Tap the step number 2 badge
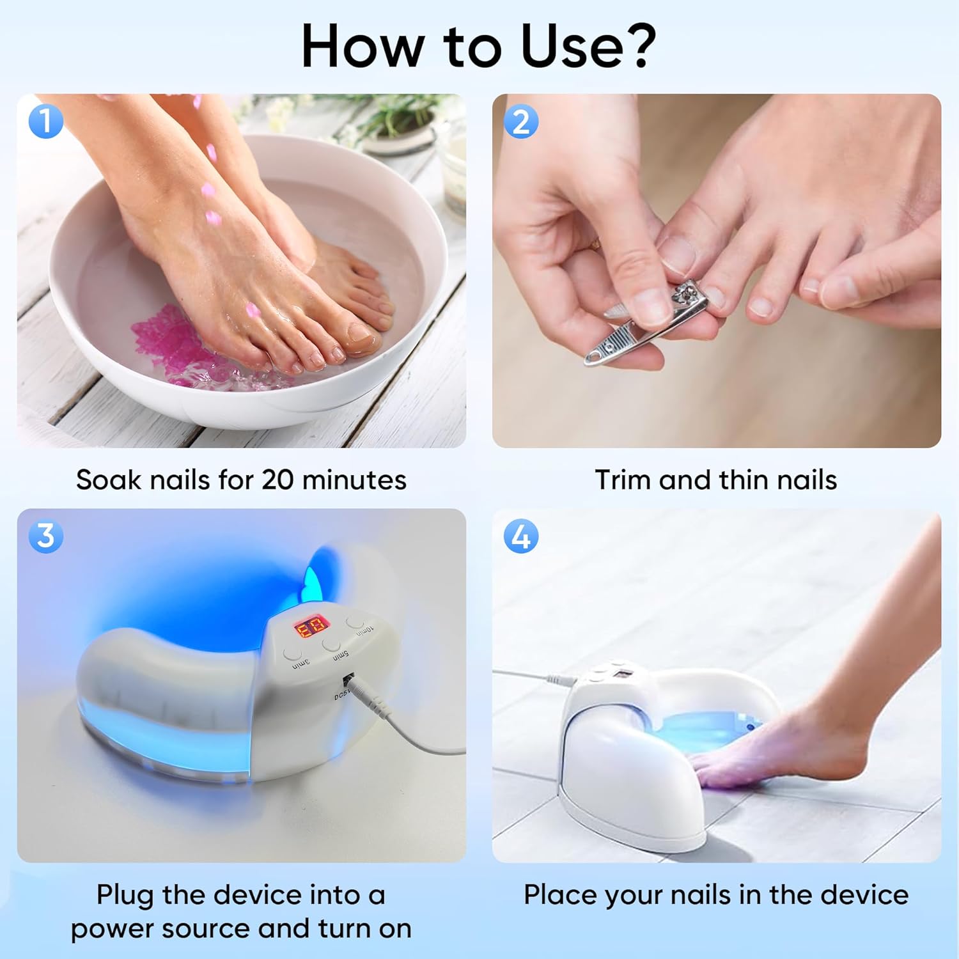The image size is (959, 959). [521, 121]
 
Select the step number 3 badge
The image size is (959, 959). [46, 536]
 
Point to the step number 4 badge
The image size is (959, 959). [521, 536]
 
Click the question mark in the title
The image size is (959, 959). [635, 46]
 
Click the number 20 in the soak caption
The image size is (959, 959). [277, 480]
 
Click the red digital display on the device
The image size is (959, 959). [311, 628]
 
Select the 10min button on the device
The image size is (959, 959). [355, 621]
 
